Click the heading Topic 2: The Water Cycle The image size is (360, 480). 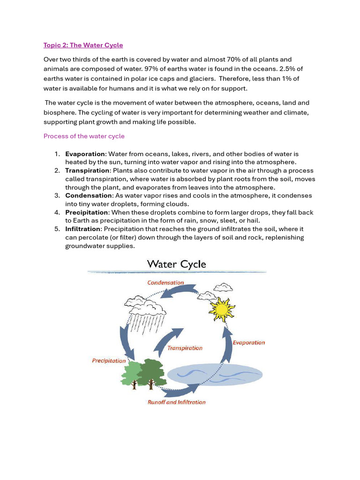83,45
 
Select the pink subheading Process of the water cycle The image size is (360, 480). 84,136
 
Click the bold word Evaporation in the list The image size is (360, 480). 85,154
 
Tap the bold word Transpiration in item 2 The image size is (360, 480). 87,171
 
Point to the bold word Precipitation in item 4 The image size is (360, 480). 87,212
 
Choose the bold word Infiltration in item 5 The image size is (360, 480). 83,229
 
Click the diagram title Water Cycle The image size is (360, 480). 177,264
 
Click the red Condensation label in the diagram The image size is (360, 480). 165,283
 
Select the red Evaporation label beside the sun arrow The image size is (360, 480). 249,343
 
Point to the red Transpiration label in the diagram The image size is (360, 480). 185,348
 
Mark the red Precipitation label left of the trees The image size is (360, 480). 109,361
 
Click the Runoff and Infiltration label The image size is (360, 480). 177,402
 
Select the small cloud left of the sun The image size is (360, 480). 207,296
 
